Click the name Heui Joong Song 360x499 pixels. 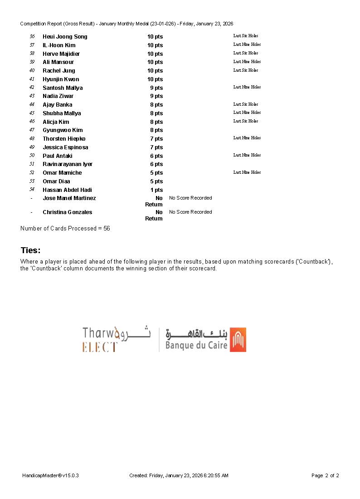tap(65, 37)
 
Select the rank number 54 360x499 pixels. tap(32, 190)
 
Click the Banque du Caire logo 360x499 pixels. tap(205, 340)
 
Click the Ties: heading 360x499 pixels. tap(30, 250)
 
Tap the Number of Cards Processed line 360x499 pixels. tap(65, 229)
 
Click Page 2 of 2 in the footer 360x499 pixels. tap(325, 475)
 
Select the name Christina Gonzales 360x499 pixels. tap(67, 212)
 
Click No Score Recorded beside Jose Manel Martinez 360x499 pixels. tap(190, 198)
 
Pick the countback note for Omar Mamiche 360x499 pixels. tap(247, 172)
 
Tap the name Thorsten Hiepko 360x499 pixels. tap(64, 139)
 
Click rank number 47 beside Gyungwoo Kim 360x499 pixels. tap(32, 130)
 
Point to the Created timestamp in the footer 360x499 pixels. tap(179, 475)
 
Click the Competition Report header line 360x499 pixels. tap(126, 24)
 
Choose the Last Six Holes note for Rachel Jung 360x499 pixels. tap(246, 70)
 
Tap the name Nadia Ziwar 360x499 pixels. tap(58, 96)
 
